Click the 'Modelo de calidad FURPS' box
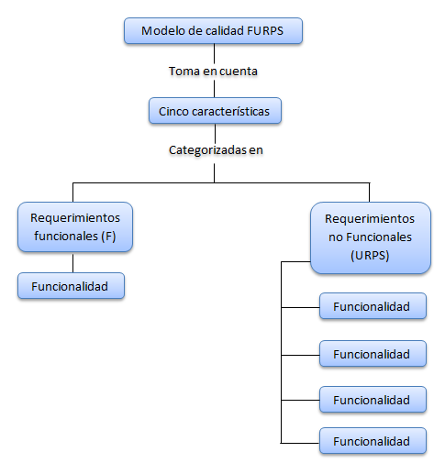(x=213, y=31)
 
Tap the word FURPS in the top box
(x=266, y=31)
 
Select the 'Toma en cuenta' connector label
(x=213, y=71)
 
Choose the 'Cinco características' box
(x=215, y=111)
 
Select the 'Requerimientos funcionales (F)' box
(x=74, y=226)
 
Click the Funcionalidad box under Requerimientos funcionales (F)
(x=71, y=286)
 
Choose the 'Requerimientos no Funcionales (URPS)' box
(x=370, y=238)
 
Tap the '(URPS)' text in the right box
(x=370, y=256)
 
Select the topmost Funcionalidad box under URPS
(x=373, y=306)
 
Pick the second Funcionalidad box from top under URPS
(x=373, y=353)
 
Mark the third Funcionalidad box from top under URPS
(x=373, y=400)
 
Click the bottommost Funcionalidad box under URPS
(x=373, y=441)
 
